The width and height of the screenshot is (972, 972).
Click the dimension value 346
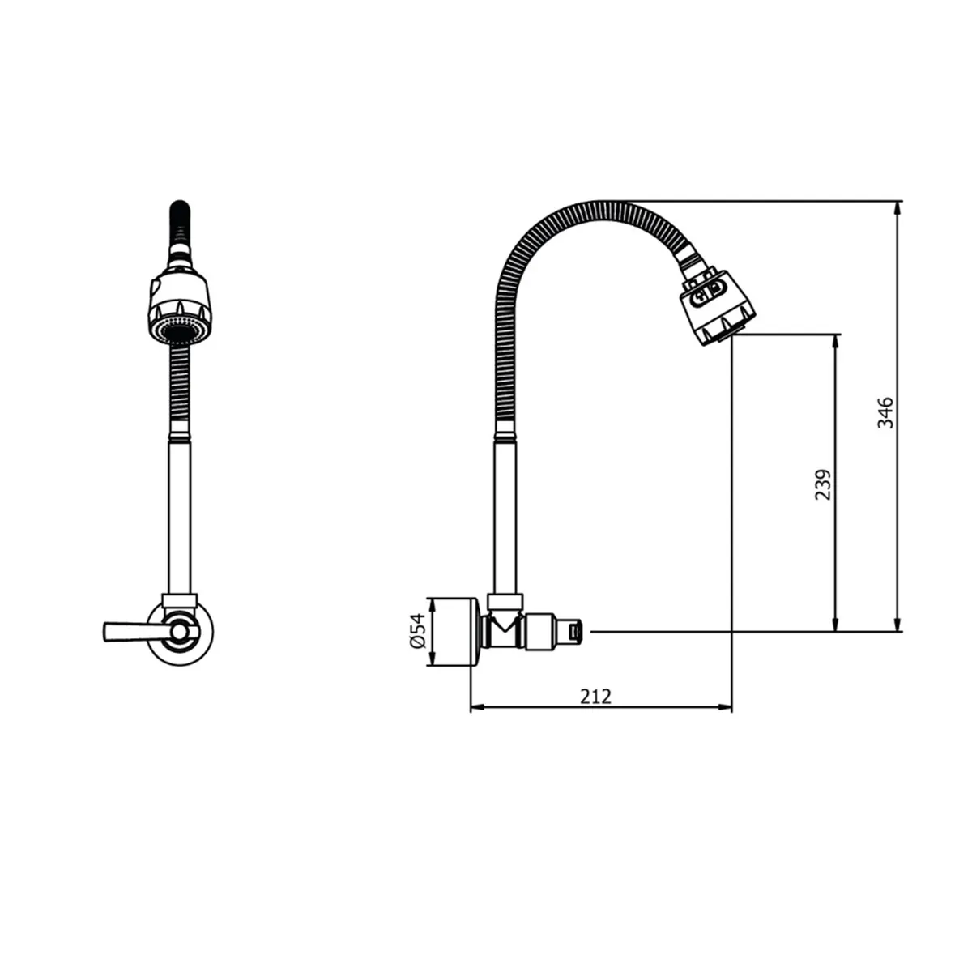[x=886, y=412]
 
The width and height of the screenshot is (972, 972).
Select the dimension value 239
[x=823, y=484]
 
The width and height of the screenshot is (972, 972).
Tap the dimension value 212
[x=595, y=696]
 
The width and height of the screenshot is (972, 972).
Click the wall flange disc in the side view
[x=454, y=633]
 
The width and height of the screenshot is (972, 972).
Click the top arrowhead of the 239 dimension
[x=835, y=340]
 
